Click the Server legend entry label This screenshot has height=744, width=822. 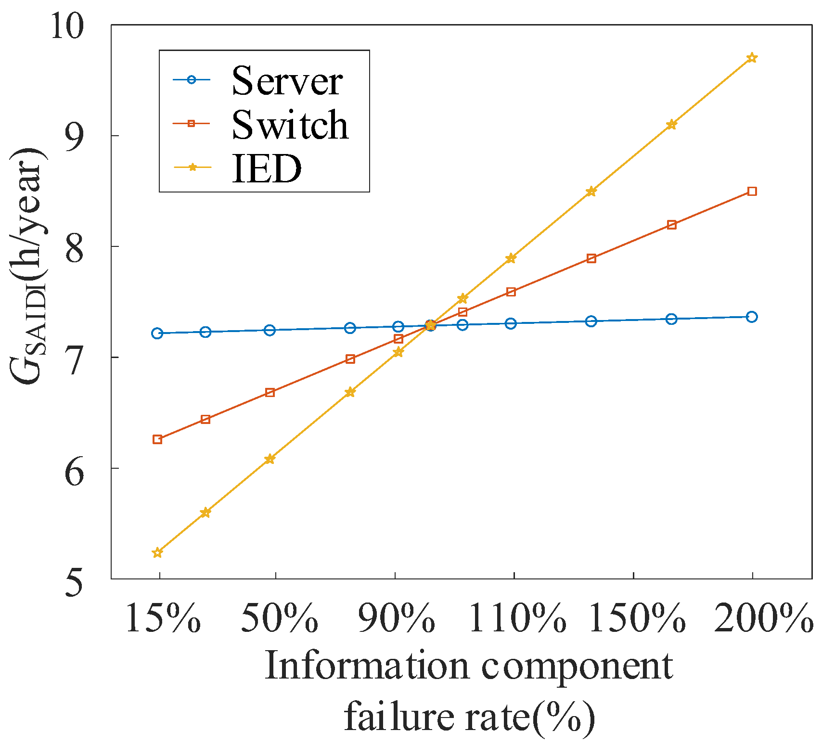coord(287,81)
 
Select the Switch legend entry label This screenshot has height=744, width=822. coord(290,125)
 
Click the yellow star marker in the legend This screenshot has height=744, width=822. coord(192,167)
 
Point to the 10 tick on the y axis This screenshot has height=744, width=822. coord(66,26)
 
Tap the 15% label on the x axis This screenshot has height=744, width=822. coord(162,618)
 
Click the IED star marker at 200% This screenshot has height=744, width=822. coord(752,58)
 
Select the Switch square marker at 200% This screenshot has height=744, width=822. coord(752,192)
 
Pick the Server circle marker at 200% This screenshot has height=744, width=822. coord(752,317)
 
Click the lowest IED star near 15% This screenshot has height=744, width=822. coord(157,553)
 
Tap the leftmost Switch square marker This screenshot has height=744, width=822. coord(157,439)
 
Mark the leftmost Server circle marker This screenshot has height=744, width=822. coord(157,333)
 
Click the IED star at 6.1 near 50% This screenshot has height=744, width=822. coord(270,459)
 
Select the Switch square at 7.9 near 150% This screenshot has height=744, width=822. coord(591,258)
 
